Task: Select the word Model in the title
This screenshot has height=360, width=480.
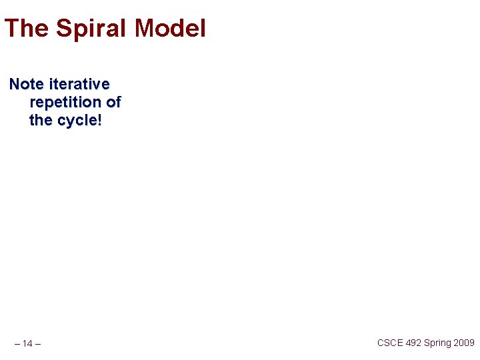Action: click(x=170, y=29)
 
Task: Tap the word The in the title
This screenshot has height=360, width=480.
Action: click(x=27, y=29)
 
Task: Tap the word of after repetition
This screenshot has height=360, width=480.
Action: click(x=113, y=103)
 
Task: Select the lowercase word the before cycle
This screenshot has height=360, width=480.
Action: click(x=41, y=121)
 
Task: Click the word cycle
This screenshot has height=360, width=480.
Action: click(x=75, y=121)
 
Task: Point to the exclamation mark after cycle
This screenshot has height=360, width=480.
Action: click(x=100, y=121)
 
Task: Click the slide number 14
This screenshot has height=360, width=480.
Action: click(x=27, y=344)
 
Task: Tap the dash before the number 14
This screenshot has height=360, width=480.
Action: click(x=17, y=344)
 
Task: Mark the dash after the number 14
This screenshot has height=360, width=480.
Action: click(x=37, y=344)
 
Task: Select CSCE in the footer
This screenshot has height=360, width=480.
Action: click(x=390, y=343)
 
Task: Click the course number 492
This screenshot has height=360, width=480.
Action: click(x=414, y=343)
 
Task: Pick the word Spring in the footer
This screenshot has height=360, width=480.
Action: click(x=437, y=343)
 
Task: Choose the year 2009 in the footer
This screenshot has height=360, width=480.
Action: click(x=464, y=343)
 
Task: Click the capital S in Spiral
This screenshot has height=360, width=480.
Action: click(x=64, y=29)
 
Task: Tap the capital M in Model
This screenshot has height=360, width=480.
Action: click(x=145, y=29)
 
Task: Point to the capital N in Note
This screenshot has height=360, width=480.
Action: click(x=15, y=85)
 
